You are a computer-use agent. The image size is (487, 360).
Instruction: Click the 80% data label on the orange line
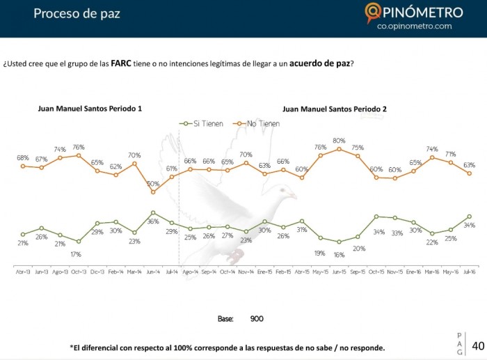pos(339,141)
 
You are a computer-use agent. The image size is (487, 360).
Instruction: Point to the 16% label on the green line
pos(340,254)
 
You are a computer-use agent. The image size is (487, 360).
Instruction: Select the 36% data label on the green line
pos(153,221)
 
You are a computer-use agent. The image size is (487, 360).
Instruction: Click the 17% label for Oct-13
pos(77,254)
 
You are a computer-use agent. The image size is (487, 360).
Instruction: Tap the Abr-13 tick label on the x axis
pos(23,272)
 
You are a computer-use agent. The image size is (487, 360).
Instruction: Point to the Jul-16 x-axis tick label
pos(470,272)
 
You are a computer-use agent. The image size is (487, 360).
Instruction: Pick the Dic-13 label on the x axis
pos(97,272)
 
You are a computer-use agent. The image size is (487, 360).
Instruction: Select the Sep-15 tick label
pos(358,272)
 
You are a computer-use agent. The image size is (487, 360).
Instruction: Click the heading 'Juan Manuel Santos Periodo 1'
pos(90,109)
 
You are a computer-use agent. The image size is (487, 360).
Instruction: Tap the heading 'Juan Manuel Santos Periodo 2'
pos(335,109)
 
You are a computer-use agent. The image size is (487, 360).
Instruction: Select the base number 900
pos(257,318)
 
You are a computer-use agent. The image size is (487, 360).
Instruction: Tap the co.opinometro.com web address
pos(414,26)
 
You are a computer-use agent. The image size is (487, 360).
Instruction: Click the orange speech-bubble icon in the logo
pos(373,13)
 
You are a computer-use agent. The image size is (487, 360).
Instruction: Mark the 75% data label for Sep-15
pos(358,148)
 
